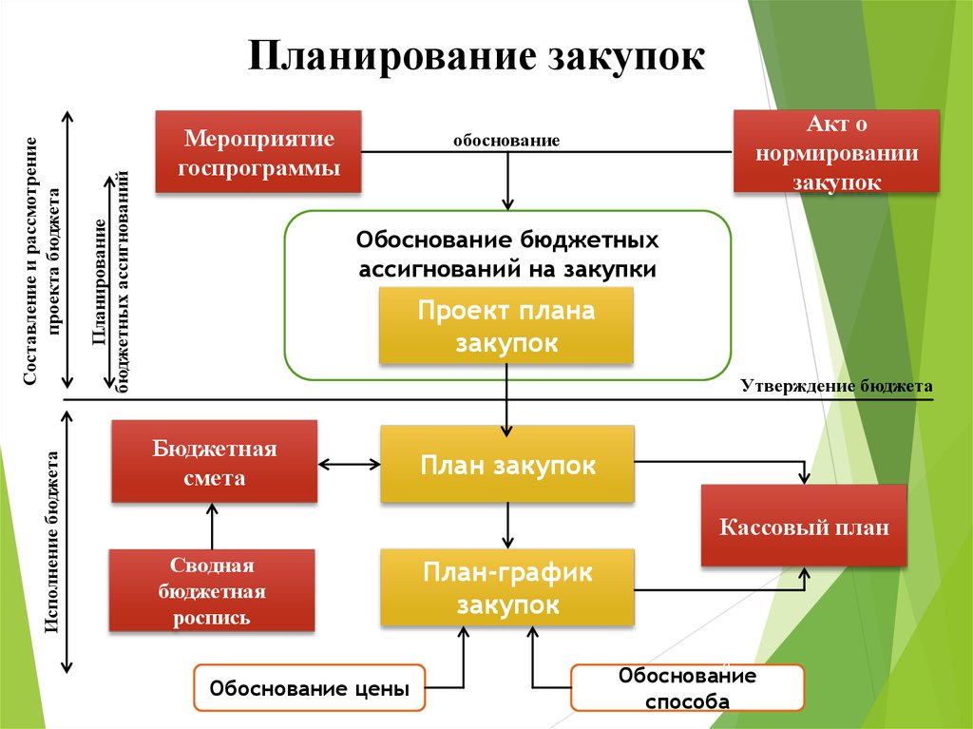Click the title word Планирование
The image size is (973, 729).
(392, 57)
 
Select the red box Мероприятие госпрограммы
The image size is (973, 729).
(258, 151)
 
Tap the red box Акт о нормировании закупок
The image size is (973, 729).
(836, 151)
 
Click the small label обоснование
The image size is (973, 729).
(506, 141)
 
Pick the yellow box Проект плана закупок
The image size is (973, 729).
(506, 325)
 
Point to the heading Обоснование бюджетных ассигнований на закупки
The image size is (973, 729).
(507, 255)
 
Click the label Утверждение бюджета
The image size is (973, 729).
(836, 386)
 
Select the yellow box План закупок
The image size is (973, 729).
(507, 464)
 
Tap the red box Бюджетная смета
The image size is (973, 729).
(214, 461)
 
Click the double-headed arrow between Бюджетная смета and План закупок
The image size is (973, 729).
(350, 464)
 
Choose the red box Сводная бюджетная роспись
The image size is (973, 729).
(212, 590)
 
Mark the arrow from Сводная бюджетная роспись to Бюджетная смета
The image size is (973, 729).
(212, 526)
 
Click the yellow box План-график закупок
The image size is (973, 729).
(507, 587)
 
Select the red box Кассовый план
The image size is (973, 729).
(804, 526)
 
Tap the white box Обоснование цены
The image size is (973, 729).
(310, 687)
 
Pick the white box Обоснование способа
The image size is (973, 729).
(688, 687)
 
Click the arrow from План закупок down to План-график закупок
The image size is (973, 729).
(507, 526)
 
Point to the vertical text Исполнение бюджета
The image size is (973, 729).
(52, 542)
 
